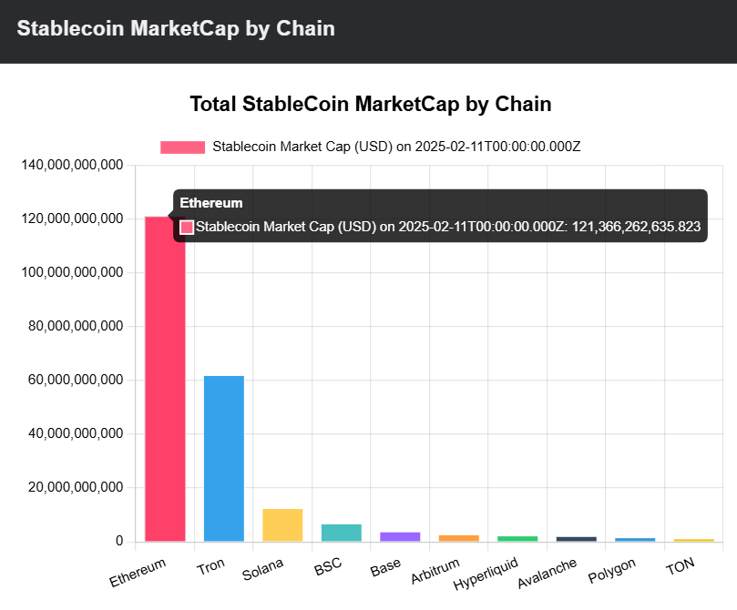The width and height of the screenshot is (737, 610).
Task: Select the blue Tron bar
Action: (223, 459)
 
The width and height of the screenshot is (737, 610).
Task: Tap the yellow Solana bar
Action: (282, 525)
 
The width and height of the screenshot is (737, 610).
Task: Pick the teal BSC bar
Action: (341, 533)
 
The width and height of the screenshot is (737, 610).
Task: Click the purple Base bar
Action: (400, 536)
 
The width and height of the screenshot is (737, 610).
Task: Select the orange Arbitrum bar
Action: (458, 538)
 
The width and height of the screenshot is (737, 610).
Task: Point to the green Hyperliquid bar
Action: (517, 539)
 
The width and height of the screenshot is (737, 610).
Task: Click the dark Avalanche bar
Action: (576, 539)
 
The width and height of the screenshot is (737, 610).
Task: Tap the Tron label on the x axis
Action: (210, 567)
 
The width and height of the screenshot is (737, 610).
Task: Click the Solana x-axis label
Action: (263, 570)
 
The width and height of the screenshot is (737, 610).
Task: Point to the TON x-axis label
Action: (680, 567)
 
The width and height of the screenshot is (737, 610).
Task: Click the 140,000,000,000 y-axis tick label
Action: (71, 166)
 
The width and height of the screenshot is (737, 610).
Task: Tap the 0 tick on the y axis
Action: (118, 541)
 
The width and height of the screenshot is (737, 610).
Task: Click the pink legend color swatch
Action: (182, 147)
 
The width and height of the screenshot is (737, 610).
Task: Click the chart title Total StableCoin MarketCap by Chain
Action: (370, 104)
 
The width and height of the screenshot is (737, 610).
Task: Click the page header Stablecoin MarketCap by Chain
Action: (176, 28)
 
